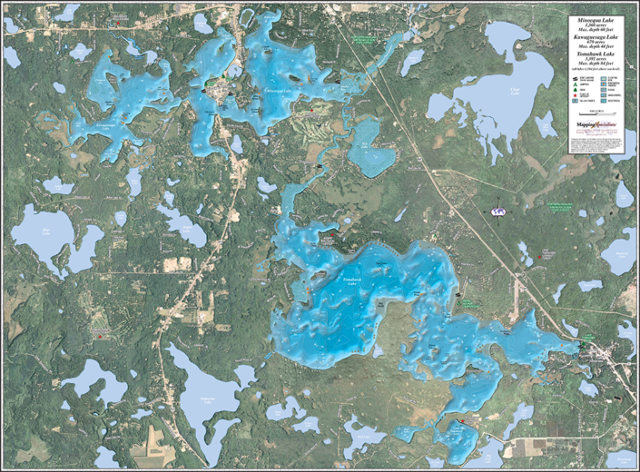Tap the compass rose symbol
click(x=497, y=211)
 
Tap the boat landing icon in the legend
click(x=576, y=76)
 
